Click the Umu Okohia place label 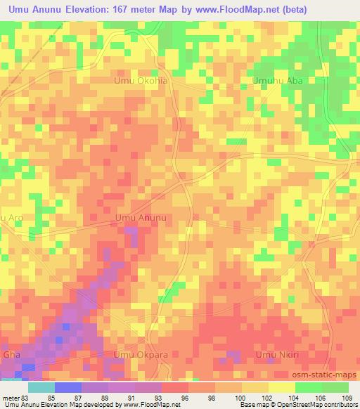(x=142, y=81)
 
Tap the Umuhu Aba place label (x=280, y=81)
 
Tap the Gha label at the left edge (x=12, y=355)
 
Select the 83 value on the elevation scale (x=25, y=398)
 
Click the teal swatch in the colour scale (x=41, y=387)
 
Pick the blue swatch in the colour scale (x=67, y=387)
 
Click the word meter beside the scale (x=10, y=398)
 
